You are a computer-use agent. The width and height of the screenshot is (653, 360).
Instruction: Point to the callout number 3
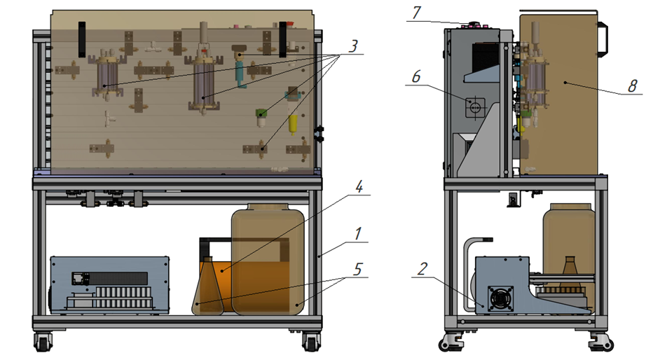355,46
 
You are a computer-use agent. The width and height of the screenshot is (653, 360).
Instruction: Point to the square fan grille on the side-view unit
501,299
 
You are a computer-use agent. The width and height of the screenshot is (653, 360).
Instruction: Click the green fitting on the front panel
261,113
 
